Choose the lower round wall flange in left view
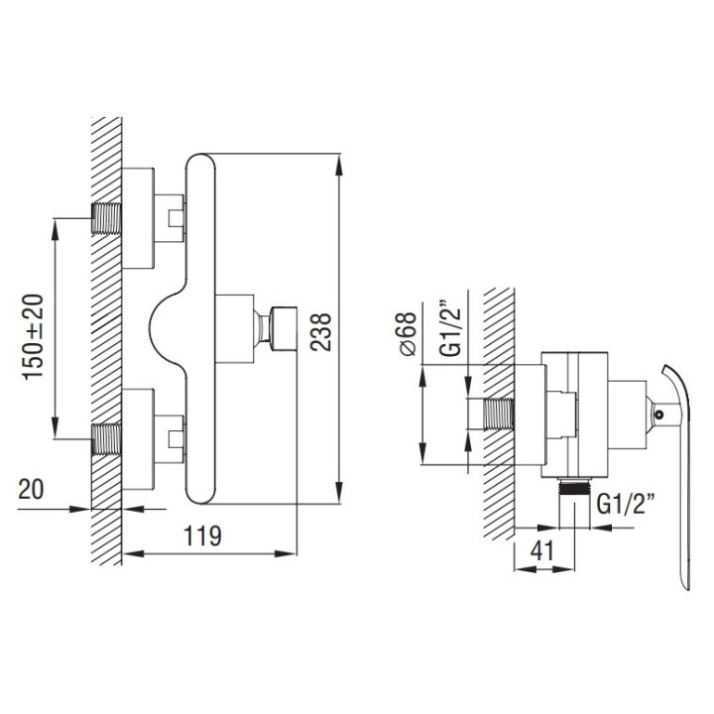[x=139, y=439]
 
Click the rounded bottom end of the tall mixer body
[x=202, y=491]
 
